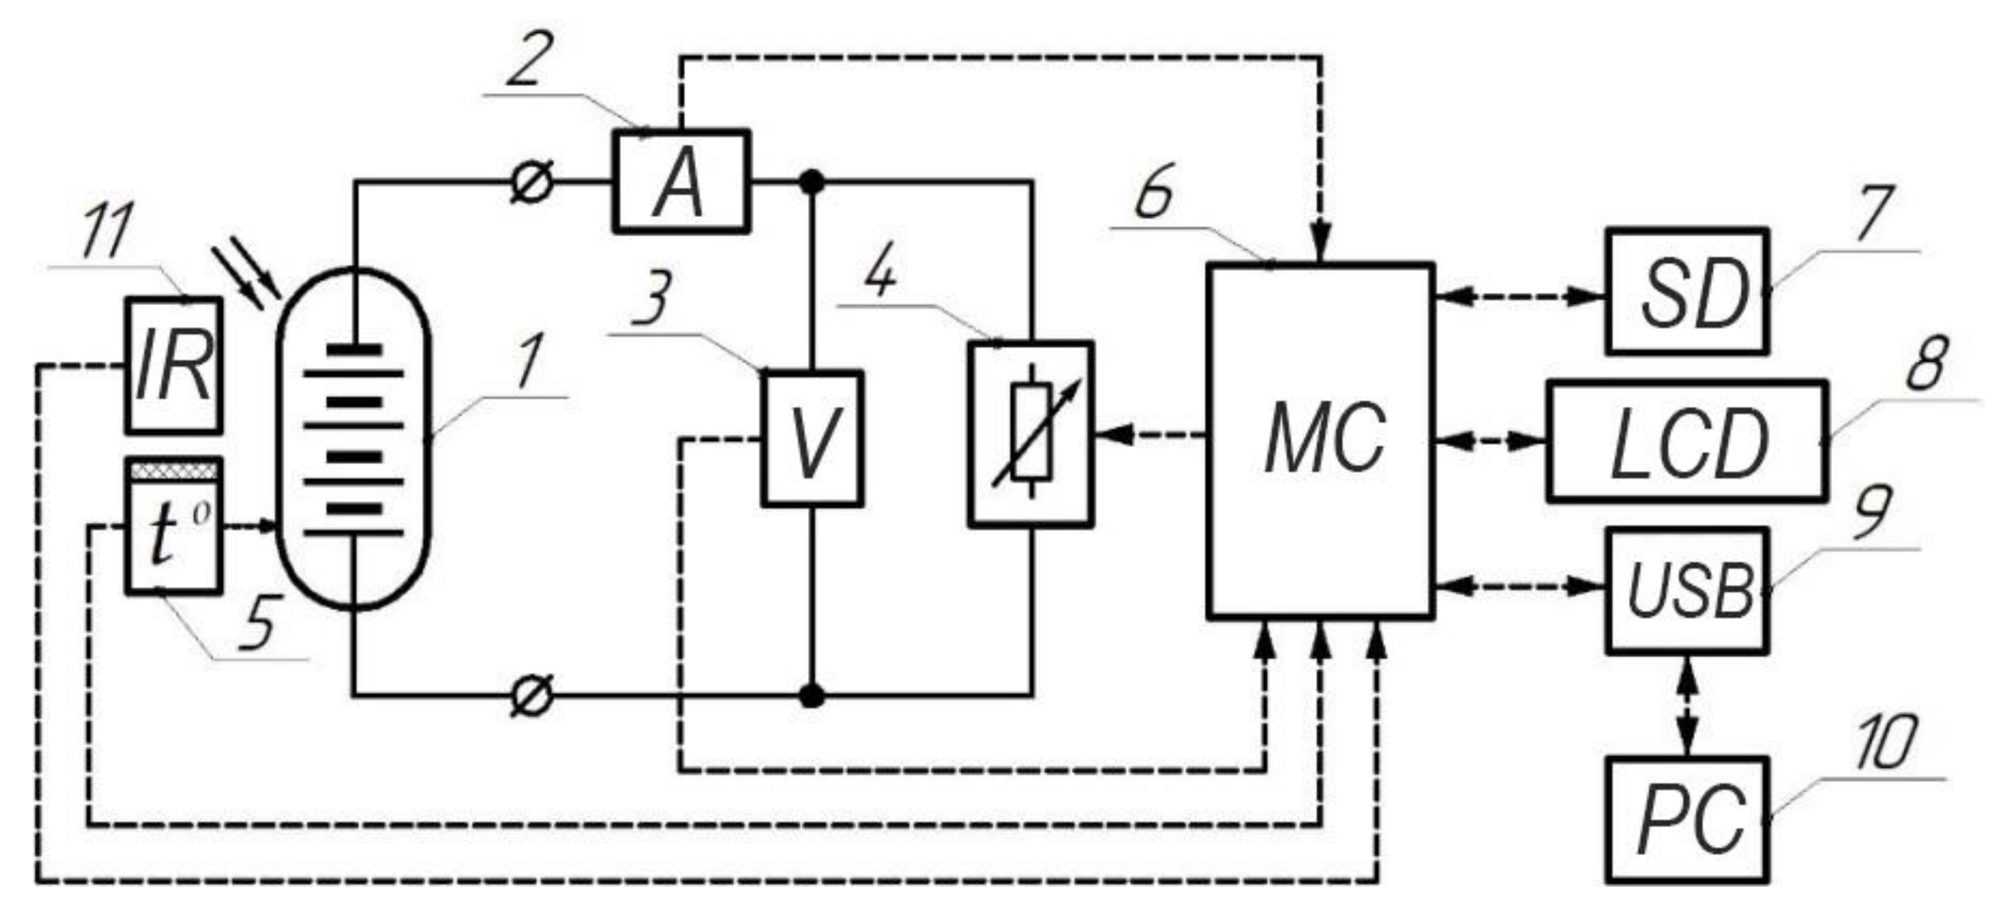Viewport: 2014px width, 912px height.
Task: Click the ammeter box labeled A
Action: coord(680,181)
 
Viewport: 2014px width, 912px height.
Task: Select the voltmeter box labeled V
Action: coord(813,439)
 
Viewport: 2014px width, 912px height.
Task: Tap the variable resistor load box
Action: coord(1030,435)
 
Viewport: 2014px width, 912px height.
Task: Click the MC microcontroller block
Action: coord(1321,442)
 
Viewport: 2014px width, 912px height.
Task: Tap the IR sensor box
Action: coord(174,365)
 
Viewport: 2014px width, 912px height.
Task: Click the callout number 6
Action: coord(1154,192)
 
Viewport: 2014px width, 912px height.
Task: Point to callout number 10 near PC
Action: coord(1886,741)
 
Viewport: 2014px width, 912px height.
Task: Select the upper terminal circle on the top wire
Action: coord(533,182)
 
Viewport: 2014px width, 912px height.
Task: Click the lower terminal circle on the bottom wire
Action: coord(533,694)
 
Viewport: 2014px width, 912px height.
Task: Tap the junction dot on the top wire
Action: coord(813,182)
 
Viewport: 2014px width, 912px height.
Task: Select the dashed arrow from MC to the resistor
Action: coord(1150,434)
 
